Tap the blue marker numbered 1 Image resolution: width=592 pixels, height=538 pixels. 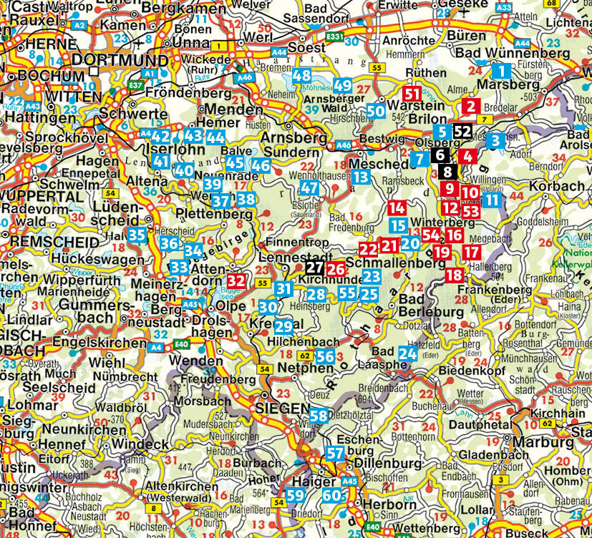coord(502,71)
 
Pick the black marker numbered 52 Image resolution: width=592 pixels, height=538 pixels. coord(462,131)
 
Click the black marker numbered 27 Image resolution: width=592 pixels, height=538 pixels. coord(314,268)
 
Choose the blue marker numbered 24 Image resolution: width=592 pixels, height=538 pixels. coord(408,353)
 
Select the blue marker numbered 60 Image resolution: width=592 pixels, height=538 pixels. coord(331,495)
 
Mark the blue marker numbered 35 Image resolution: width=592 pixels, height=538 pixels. coord(138,234)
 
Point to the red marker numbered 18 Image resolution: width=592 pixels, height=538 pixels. coord(455,275)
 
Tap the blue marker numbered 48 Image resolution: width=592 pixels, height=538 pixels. coord(301,76)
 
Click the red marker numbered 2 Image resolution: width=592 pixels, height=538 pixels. coord(470,107)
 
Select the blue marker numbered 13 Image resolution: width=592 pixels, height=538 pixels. coord(361,177)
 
